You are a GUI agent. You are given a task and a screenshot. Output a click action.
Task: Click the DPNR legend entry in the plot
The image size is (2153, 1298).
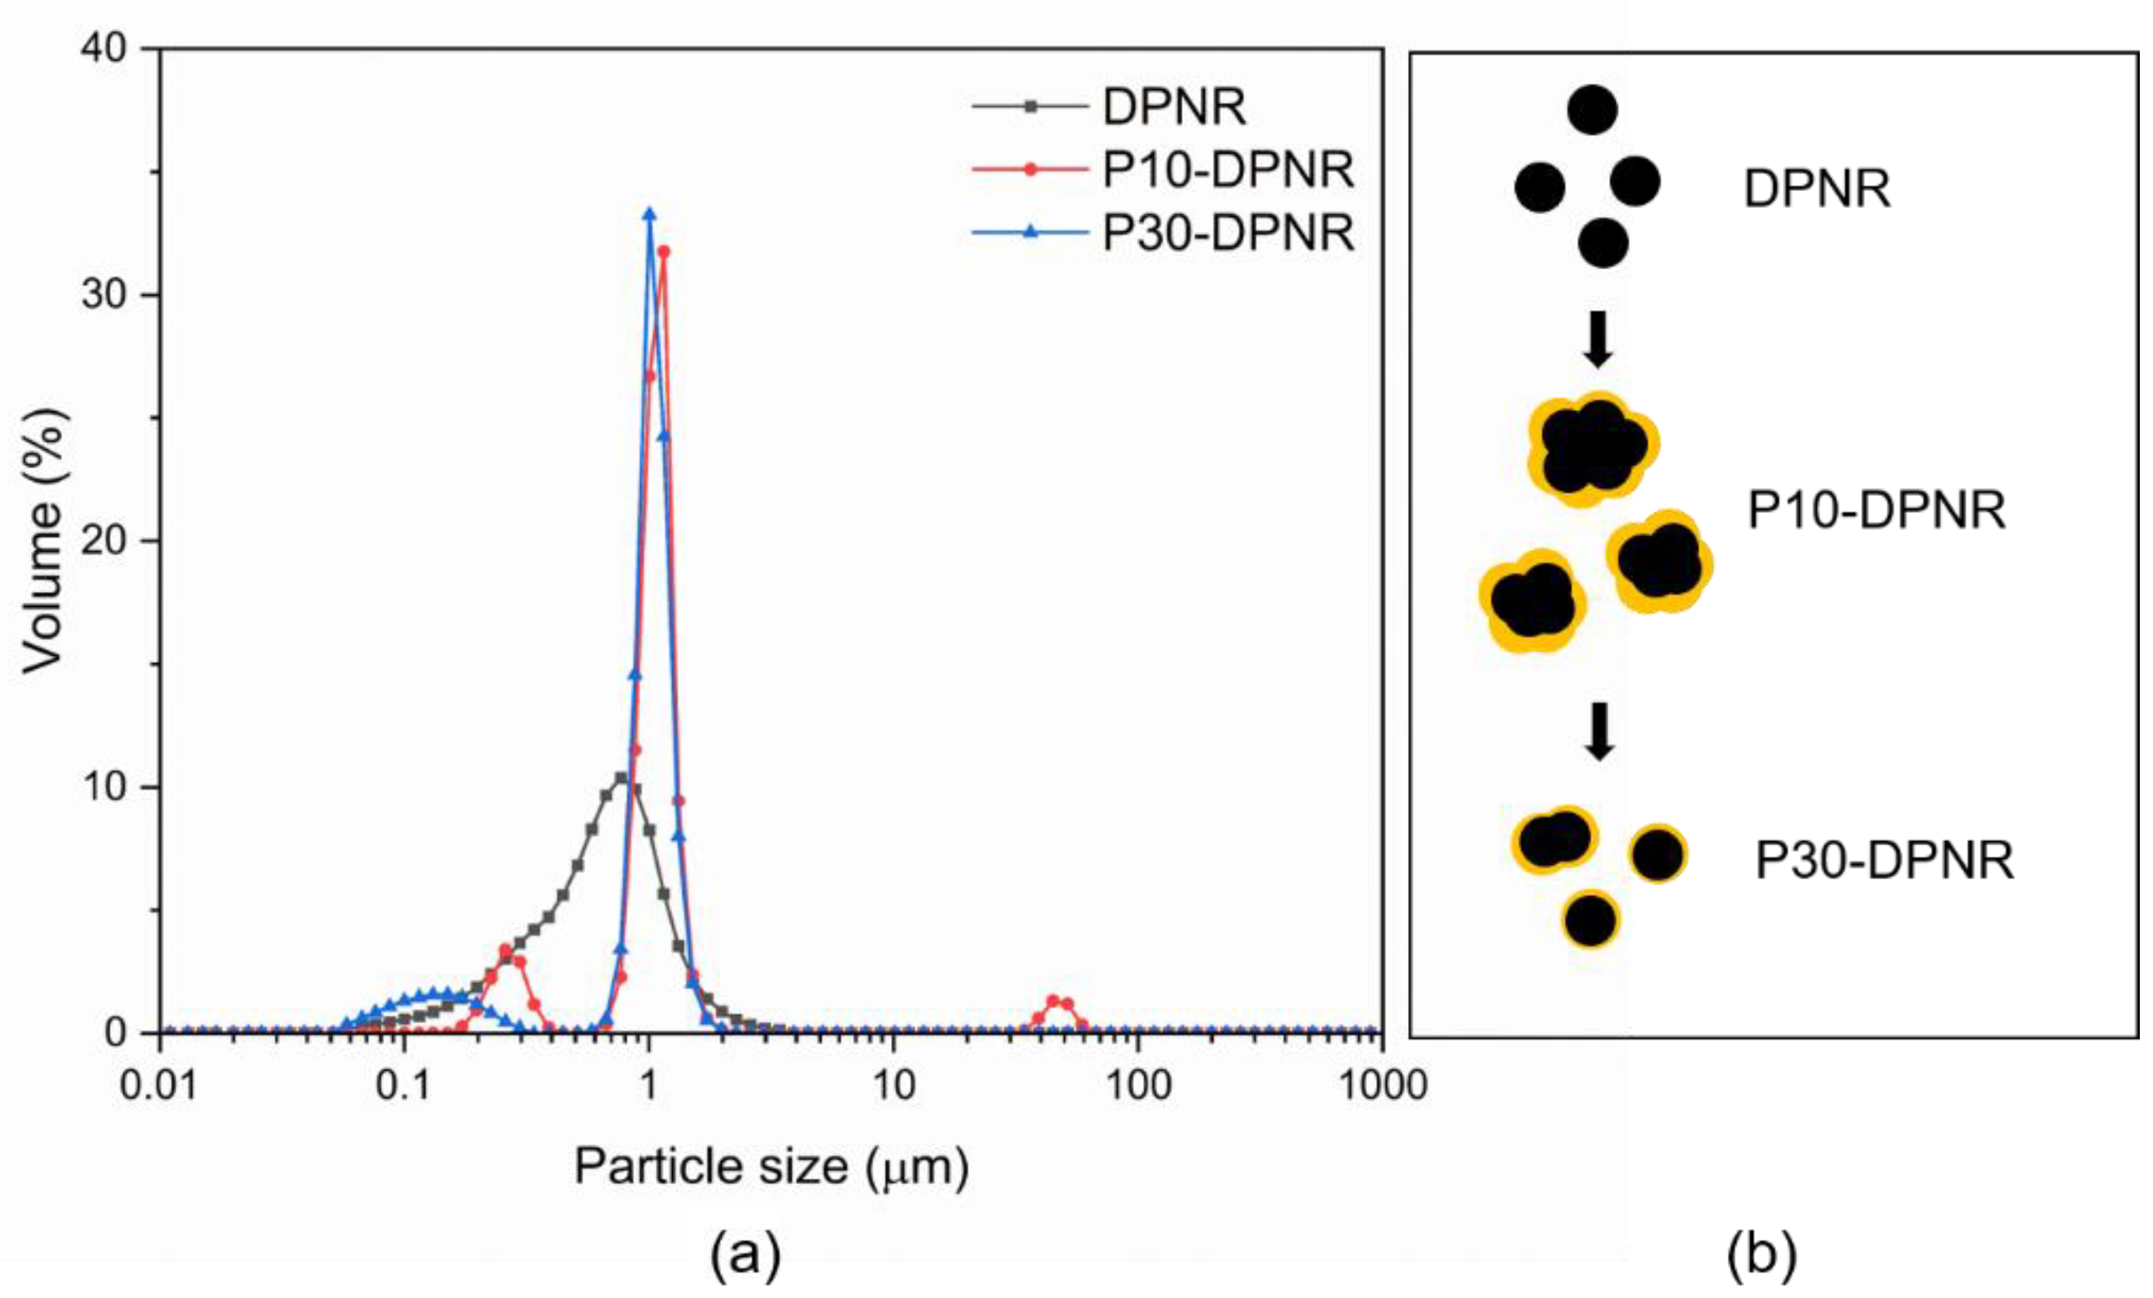[x=1174, y=107]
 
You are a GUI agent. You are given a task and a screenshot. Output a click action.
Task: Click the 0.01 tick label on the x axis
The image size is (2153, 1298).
[x=160, y=1085]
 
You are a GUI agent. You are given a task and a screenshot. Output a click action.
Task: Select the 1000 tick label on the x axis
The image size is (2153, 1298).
[x=1382, y=1085]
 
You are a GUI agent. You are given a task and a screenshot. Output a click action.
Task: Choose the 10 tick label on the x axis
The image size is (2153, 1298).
[x=893, y=1085]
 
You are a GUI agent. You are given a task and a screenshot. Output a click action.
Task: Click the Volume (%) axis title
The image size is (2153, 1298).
[x=43, y=542]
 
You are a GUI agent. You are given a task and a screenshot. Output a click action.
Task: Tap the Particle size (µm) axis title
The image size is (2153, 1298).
[x=771, y=1166]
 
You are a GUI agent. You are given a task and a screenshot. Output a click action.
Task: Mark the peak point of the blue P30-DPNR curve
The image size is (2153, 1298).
[x=649, y=214]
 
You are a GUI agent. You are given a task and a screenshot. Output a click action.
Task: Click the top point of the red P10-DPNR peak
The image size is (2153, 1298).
[x=664, y=251]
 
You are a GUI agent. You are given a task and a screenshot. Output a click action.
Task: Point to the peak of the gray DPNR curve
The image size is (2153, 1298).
[x=621, y=777]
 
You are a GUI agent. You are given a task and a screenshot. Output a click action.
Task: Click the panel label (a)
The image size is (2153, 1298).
[x=744, y=1255]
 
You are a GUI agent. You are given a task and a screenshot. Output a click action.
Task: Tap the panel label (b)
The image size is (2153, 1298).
[x=1762, y=1255]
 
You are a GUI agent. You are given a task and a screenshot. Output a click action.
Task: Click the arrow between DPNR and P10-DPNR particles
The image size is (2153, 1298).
[x=1598, y=339]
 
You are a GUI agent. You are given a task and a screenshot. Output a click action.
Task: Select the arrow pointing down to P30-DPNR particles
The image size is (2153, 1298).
[x=1599, y=731]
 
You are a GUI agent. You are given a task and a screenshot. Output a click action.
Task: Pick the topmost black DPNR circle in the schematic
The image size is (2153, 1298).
[x=1592, y=110]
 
